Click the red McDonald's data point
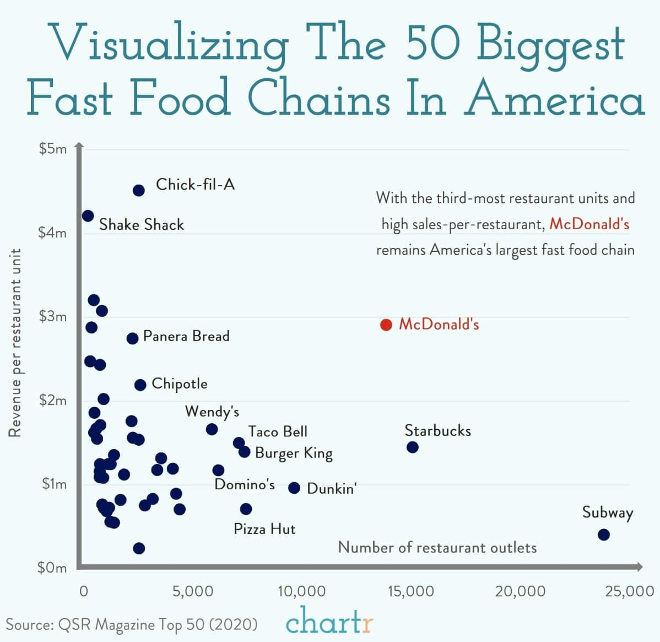(x=386, y=325)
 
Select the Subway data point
(x=604, y=535)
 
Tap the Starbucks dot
(x=413, y=447)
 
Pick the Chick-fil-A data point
(x=139, y=190)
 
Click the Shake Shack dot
(x=88, y=215)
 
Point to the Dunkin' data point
(x=294, y=488)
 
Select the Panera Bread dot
(x=132, y=338)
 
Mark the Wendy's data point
(x=212, y=429)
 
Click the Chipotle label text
(x=180, y=384)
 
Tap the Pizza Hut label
(x=264, y=529)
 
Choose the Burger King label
(x=294, y=453)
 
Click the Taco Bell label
(x=278, y=431)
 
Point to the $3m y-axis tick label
(x=53, y=316)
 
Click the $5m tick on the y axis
(x=53, y=149)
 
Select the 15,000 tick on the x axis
(x=410, y=591)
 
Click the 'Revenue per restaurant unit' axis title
(x=15, y=342)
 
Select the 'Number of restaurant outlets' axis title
(x=437, y=547)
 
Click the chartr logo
(x=329, y=622)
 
